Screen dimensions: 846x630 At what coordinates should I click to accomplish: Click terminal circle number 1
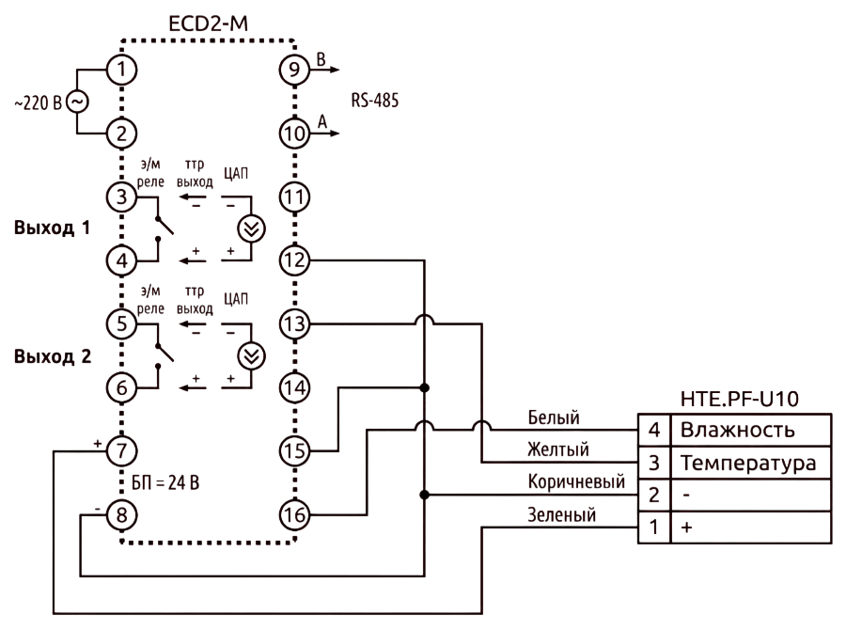(121, 70)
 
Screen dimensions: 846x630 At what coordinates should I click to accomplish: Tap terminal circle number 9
(294, 70)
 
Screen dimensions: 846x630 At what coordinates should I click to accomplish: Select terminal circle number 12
(294, 260)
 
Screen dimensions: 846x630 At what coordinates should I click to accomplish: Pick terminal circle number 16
(294, 515)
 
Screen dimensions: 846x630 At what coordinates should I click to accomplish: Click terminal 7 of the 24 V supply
(121, 451)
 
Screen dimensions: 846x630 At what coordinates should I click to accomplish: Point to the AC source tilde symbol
(77, 102)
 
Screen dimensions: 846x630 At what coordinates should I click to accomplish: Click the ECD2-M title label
(209, 24)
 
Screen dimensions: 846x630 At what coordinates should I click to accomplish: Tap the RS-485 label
(375, 101)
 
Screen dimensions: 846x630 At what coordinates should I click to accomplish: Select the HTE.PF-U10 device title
(739, 399)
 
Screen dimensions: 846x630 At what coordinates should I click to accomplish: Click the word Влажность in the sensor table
(738, 431)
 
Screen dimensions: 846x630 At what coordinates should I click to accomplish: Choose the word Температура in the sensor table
(748, 464)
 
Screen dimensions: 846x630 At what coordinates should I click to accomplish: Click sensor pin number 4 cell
(654, 431)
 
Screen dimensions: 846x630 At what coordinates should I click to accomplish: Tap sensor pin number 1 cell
(654, 527)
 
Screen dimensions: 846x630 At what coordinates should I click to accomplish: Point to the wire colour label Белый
(554, 417)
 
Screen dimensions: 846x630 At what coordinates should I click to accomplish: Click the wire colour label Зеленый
(562, 515)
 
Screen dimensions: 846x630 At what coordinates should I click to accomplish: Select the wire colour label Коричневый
(576, 481)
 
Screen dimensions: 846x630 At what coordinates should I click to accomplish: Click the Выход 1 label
(52, 228)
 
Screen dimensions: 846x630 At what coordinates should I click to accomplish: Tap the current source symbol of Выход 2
(251, 356)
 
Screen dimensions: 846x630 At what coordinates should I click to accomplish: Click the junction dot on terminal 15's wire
(425, 387)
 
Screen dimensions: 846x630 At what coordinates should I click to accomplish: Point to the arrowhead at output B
(335, 70)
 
